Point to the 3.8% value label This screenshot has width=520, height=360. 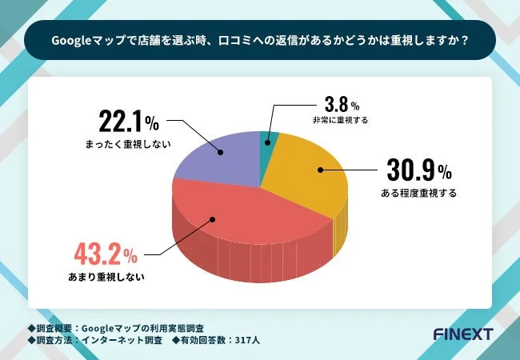(x=339, y=105)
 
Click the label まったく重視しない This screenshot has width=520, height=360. (x=129, y=146)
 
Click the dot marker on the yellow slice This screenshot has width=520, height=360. (x=320, y=170)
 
